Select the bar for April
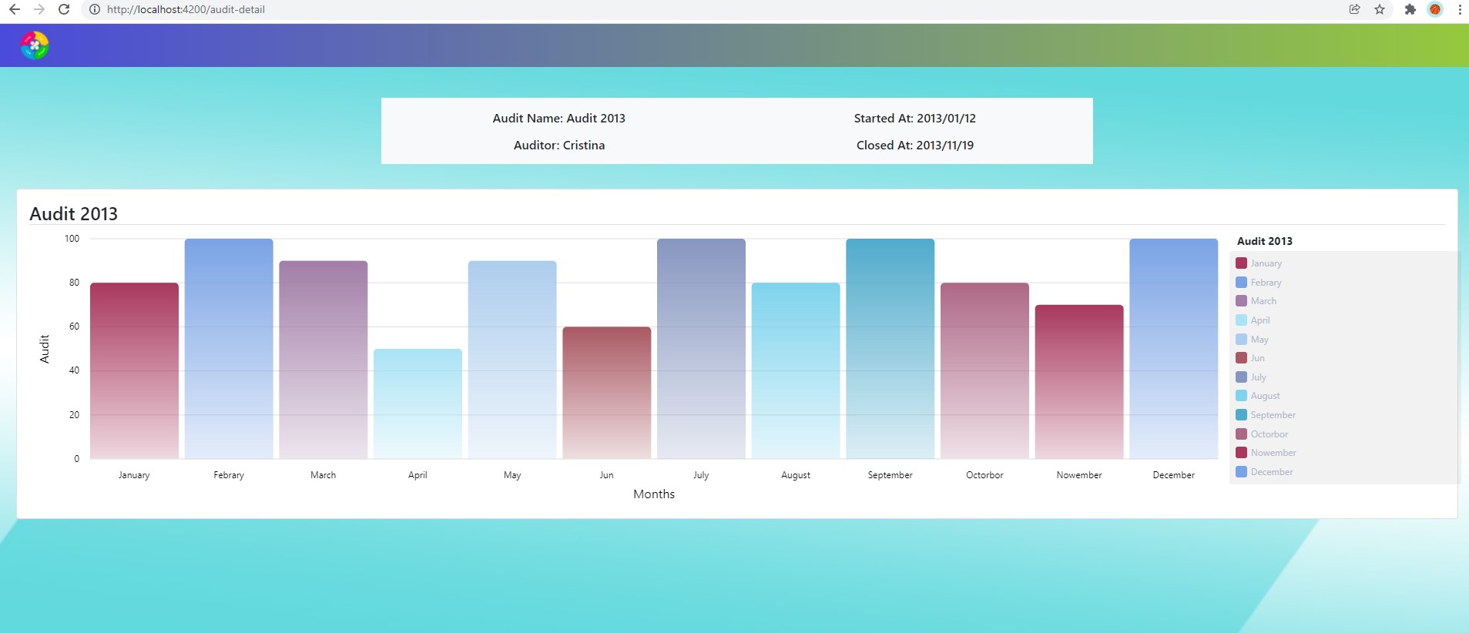pyautogui.click(x=418, y=404)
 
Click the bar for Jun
pyautogui.click(x=606, y=393)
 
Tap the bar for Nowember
pyautogui.click(x=1078, y=382)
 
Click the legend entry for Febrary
pyautogui.click(x=1266, y=283)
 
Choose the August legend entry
pyautogui.click(x=1265, y=396)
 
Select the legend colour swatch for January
pyautogui.click(x=1241, y=263)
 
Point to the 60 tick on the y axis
pyautogui.click(x=74, y=327)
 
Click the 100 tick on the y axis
pyautogui.click(x=72, y=239)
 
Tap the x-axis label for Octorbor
pyautogui.click(x=984, y=475)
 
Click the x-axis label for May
pyautogui.click(x=512, y=475)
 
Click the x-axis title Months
pyautogui.click(x=654, y=494)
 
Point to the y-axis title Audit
pyautogui.click(x=45, y=349)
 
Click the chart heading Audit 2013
pyautogui.click(x=74, y=214)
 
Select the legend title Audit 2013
pyautogui.click(x=1264, y=241)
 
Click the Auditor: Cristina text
pyautogui.click(x=559, y=146)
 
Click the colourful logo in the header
pyautogui.click(x=35, y=45)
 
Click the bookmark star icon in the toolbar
pyautogui.click(x=1379, y=10)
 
